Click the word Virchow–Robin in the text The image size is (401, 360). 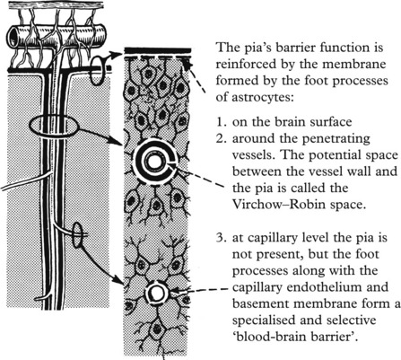pos(278,205)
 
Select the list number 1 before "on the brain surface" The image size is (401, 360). pos(221,122)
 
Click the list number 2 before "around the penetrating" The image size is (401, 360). pos(221,138)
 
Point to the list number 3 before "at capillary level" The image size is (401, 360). pos(221,238)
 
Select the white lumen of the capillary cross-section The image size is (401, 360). pos(156,294)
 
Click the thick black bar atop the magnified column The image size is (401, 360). pos(157,50)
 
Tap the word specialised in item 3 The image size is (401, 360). pos(264,320)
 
